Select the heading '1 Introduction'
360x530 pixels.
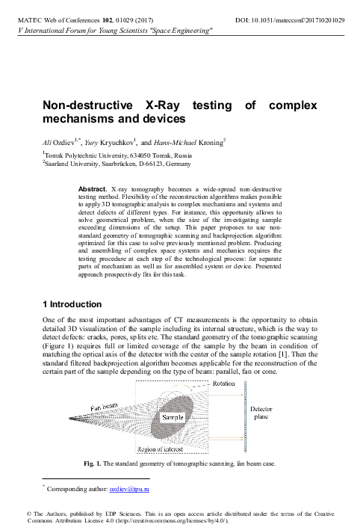(72, 305)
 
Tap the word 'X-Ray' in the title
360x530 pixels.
(162, 106)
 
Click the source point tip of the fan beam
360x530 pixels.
(69, 416)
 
